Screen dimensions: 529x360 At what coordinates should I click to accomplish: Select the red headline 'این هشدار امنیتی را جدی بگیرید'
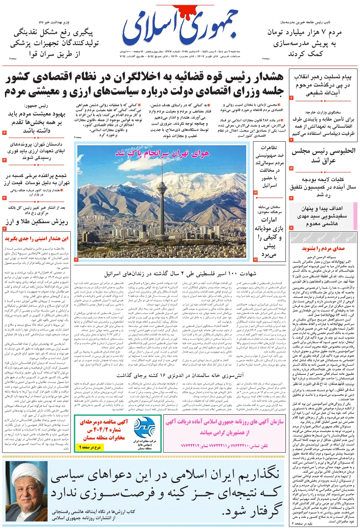36,239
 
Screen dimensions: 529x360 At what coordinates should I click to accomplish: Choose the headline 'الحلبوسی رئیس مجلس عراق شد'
324,156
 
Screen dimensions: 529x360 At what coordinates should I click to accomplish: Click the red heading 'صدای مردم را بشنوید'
323,248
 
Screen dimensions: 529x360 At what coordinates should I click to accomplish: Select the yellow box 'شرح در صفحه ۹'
92,447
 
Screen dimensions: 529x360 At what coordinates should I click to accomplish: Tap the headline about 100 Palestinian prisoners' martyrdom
180,274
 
